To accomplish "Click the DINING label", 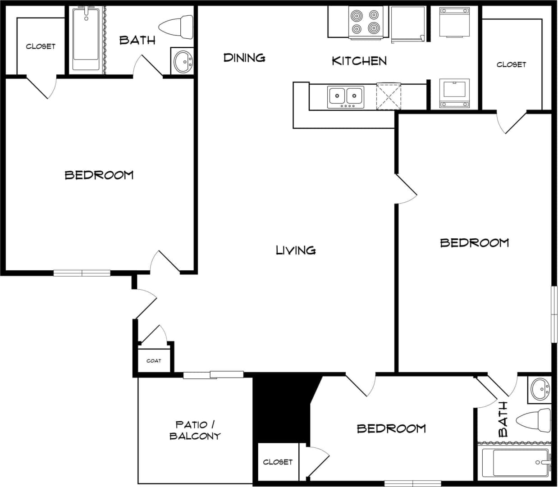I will pyautogui.click(x=244, y=58).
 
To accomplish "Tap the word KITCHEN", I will pyautogui.click(x=359, y=61).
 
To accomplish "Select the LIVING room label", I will pyautogui.click(x=296, y=250).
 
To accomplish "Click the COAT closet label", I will pyautogui.click(x=154, y=361).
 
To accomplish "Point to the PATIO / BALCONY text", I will pyautogui.click(x=195, y=430).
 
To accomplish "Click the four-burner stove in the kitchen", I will pyautogui.click(x=366, y=22).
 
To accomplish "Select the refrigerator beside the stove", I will pyautogui.click(x=407, y=24).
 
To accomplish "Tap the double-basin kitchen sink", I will pyautogui.click(x=346, y=96).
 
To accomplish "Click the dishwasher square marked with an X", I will pyautogui.click(x=388, y=96).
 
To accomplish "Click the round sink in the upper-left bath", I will pyautogui.click(x=183, y=61).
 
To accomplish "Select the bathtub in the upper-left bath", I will pyautogui.click(x=86, y=39).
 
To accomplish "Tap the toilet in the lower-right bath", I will pyautogui.click(x=535, y=421).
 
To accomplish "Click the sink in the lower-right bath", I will pyautogui.click(x=540, y=389).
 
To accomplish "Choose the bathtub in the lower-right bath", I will pyautogui.click(x=515, y=463).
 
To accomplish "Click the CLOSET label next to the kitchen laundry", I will pyautogui.click(x=511, y=65).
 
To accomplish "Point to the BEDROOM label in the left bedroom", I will pyautogui.click(x=99, y=175).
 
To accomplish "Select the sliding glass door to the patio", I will pyautogui.click(x=213, y=375).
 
